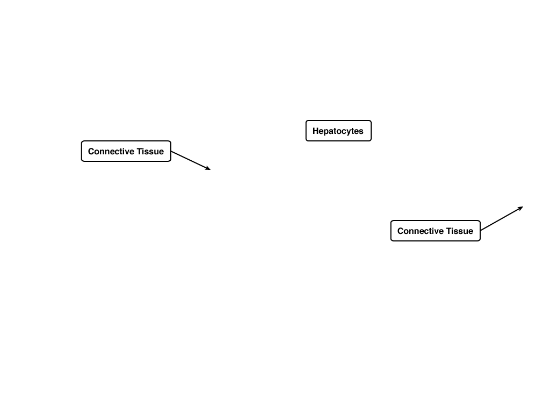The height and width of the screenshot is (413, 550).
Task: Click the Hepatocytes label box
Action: click(x=338, y=131)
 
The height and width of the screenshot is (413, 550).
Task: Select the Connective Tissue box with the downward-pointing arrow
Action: click(x=126, y=151)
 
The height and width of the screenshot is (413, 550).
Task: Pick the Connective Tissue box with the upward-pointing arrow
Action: click(x=435, y=231)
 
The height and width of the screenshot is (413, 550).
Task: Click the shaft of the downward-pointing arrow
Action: click(x=191, y=160)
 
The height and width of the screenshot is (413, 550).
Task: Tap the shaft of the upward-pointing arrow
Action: click(x=502, y=218)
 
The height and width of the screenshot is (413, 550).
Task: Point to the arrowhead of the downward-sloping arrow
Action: click(x=208, y=168)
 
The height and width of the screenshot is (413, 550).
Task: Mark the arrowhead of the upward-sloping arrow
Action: click(x=520, y=209)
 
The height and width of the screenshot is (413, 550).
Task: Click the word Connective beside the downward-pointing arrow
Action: click(x=111, y=151)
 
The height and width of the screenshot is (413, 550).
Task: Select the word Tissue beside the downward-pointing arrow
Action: click(x=150, y=151)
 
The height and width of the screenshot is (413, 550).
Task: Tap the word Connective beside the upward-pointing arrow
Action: click(x=421, y=231)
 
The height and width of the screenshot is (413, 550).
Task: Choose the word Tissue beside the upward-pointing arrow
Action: click(x=460, y=231)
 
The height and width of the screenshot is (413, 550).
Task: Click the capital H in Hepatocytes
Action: click(x=315, y=131)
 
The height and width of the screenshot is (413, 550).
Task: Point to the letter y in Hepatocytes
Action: click(x=350, y=132)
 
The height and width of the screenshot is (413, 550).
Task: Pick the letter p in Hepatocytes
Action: click(x=326, y=132)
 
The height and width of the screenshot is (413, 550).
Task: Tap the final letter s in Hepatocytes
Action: click(x=361, y=132)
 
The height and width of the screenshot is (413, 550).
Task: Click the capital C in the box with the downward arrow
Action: click(x=91, y=151)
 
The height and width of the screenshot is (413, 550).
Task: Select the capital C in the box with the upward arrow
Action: click(x=400, y=231)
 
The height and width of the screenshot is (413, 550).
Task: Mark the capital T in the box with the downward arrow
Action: click(x=140, y=151)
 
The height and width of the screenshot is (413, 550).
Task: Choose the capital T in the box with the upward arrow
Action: click(x=449, y=231)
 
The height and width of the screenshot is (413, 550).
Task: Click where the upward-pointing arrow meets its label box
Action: click(x=481, y=230)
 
